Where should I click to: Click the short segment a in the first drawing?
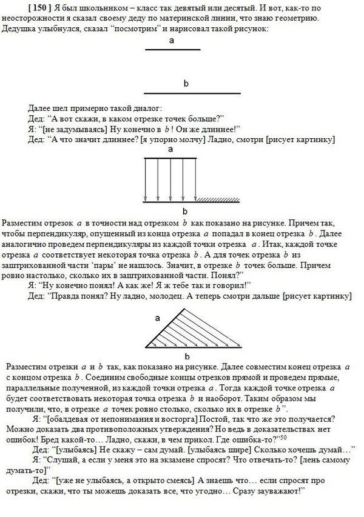172,50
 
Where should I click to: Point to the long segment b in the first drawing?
192,93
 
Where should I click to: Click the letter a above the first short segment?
172,41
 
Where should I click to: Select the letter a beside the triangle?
157,317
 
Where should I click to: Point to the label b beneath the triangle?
186,356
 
